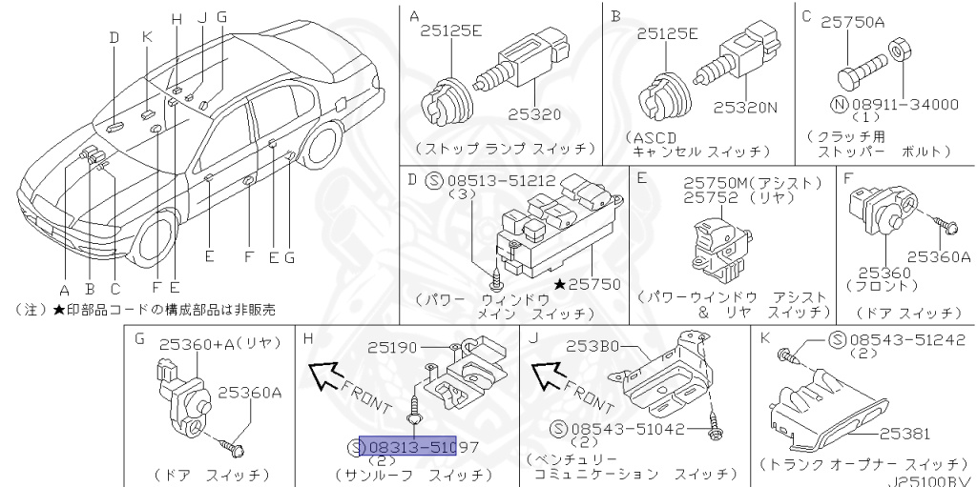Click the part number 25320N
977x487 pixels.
pyautogui.click(x=746, y=108)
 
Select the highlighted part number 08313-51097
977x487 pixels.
pyautogui.click(x=416, y=446)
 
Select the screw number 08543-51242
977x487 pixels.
pyautogui.click(x=905, y=339)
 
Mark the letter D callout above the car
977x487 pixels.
pyautogui.click(x=114, y=38)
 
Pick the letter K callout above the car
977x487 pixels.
pyautogui.click(x=146, y=37)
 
